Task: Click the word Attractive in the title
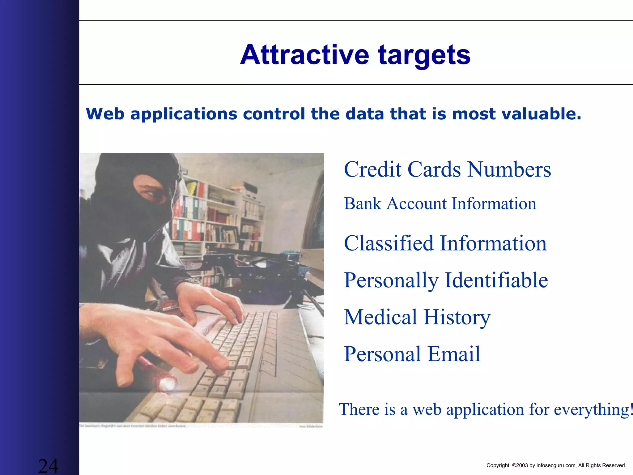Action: tap(304, 55)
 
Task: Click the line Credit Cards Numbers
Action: tap(447, 169)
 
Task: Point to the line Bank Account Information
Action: tap(440, 204)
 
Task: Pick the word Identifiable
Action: tap(496, 280)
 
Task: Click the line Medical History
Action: tap(417, 317)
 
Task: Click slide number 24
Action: tap(48, 466)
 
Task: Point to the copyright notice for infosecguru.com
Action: tap(555, 465)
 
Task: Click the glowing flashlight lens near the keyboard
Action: tap(167, 384)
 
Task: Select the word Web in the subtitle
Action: tap(105, 114)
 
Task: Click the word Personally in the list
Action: tap(391, 280)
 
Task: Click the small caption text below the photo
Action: tap(133, 426)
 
